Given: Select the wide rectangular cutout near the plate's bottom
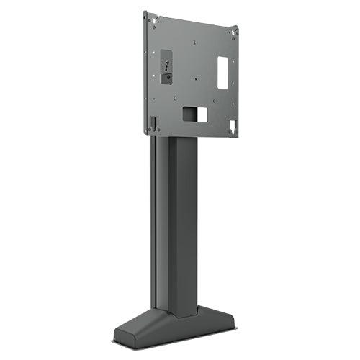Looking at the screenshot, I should (x=194, y=114).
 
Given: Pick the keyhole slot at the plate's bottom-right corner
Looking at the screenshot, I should (x=232, y=126).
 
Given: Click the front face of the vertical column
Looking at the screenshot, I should (x=183, y=223).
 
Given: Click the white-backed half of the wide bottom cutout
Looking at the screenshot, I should (x=202, y=114).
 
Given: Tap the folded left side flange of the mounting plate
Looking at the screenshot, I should (x=146, y=72).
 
